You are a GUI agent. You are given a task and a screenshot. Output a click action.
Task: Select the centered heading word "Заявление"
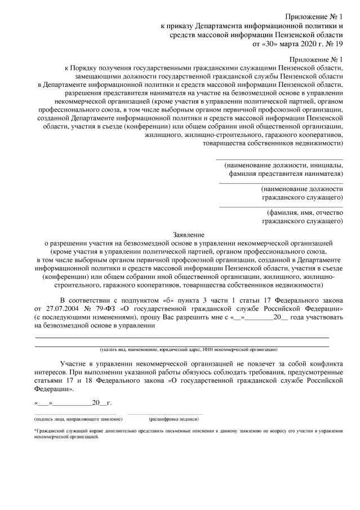pos(188,234)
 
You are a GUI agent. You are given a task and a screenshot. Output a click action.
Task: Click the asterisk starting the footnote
pos(35,430)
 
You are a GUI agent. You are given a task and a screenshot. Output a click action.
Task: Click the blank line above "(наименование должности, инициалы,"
pos(279,159)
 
